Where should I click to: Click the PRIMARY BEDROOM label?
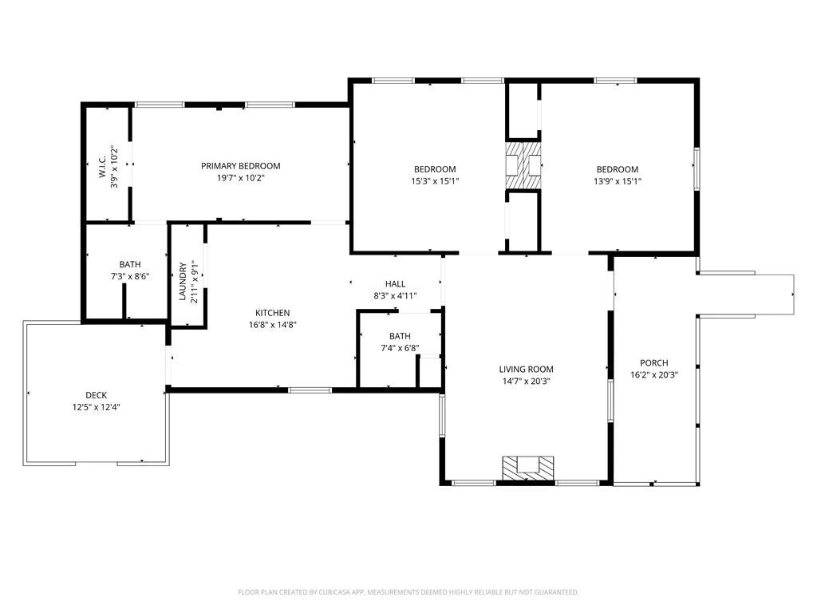(240, 166)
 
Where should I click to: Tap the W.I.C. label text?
(103, 166)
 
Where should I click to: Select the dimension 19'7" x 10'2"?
(240, 179)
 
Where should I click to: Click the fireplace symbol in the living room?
(527, 467)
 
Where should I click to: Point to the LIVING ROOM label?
(526, 369)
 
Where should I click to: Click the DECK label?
(96, 395)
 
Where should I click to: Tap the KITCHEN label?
(272, 313)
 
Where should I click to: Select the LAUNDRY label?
(183, 282)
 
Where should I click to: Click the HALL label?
(395, 283)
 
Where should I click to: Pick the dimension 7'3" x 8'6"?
(129, 276)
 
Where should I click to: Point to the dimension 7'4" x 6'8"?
(400, 348)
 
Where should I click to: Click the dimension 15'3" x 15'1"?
(435, 181)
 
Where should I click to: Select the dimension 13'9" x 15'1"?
(618, 181)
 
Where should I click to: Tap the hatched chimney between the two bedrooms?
(523, 166)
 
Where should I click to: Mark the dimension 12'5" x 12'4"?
(96, 407)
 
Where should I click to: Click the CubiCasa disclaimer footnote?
(408, 592)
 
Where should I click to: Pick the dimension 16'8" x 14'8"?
(272, 325)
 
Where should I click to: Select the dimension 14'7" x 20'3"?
(526, 381)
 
